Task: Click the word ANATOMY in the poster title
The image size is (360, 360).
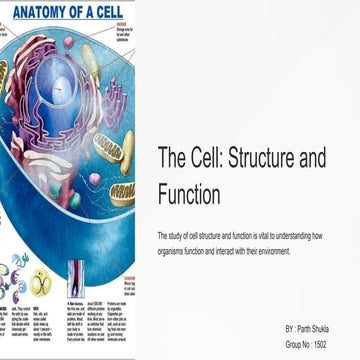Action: (x=38, y=13)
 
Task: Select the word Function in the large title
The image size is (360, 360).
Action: (x=189, y=193)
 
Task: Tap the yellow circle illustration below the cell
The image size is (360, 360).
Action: (x=40, y=281)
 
